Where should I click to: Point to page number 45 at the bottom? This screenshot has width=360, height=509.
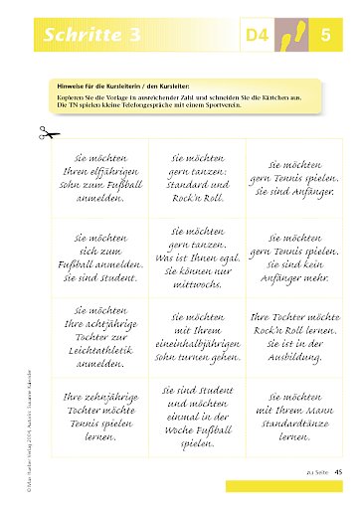pyautogui.click(x=339, y=470)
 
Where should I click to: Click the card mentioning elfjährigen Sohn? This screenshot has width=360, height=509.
pyautogui.click(x=94, y=176)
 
